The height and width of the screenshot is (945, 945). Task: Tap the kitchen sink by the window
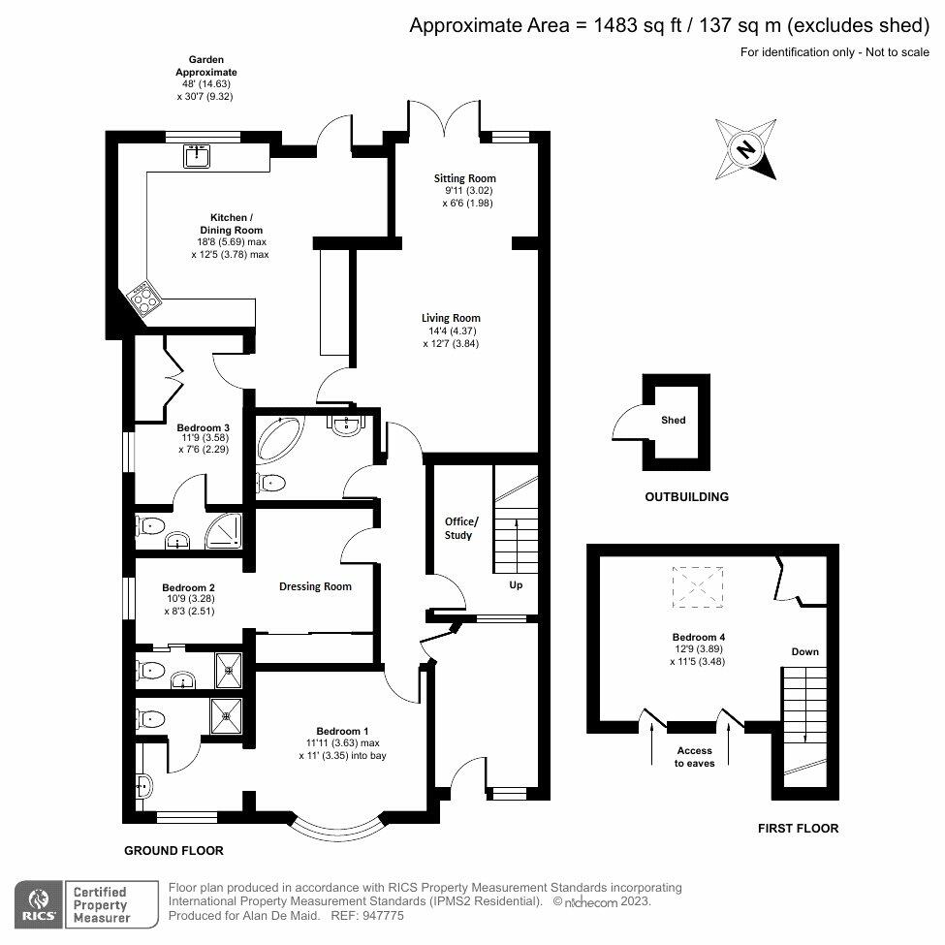(x=198, y=154)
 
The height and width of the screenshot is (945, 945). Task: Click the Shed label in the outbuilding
(x=674, y=420)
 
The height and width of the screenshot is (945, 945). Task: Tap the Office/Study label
(x=457, y=527)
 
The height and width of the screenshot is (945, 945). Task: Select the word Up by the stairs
(x=516, y=585)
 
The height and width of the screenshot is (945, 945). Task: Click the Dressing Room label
(x=315, y=586)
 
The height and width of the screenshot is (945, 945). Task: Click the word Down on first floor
(x=804, y=651)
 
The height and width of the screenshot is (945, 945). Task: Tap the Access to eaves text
(x=694, y=757)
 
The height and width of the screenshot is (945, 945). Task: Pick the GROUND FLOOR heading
(x=173, y=851)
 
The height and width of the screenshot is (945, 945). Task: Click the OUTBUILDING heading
(x=686, y=497)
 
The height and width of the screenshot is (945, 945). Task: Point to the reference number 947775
(x=383, y=915)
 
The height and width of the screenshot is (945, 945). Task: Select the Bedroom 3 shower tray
(x=226, y=529)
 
